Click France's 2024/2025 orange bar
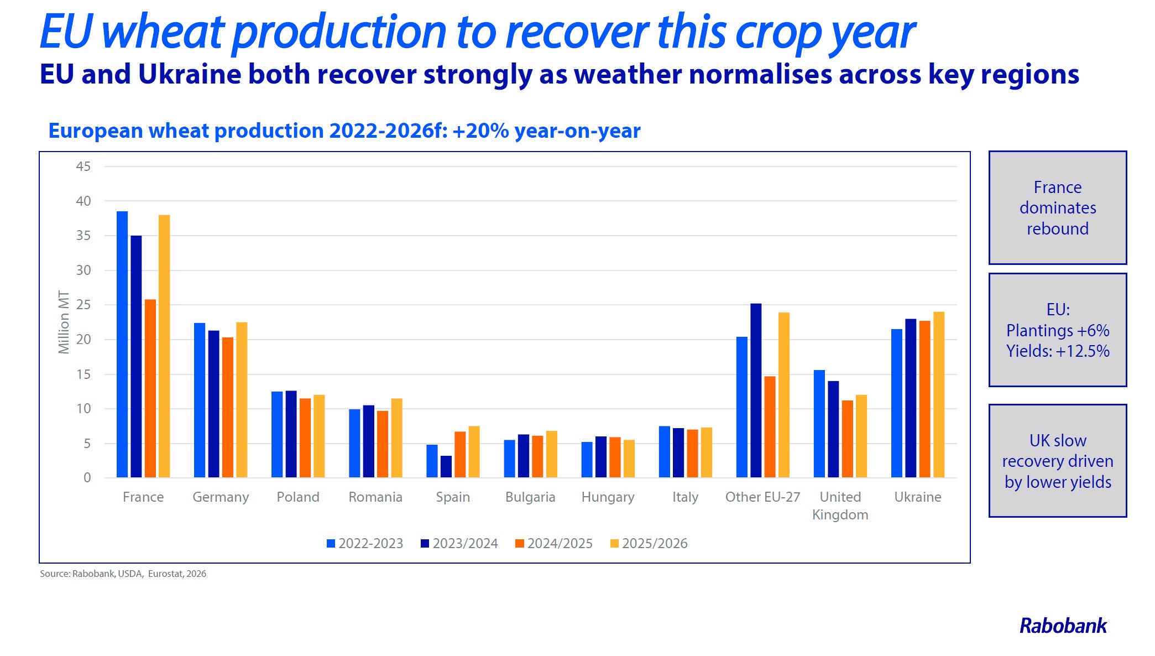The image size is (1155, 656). click(x=150, y=388)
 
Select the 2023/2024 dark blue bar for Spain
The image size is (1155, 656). click(x=446, y=466)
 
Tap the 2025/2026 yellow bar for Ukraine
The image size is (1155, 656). click(x=939, y=394)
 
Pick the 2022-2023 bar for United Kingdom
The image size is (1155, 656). click(x=819, y=424)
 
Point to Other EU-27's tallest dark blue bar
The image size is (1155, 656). click(x=756, y=390)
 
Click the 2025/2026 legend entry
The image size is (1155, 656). click(x=649, y=544)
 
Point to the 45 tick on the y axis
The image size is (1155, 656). click(x=83, y=166)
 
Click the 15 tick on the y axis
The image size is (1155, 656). click(x=83, y=374)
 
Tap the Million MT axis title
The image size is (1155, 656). click(x=64, y=322)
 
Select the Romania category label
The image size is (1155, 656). click(x=375, y=497)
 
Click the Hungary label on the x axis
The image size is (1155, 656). click(x=608, y=497)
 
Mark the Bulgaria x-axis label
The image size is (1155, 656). click(x=530, y=497)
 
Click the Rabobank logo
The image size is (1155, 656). click(x=1063, y=626)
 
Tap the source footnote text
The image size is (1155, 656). click(x=123, y=574)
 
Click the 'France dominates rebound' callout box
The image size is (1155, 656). click(x=1058, y=208)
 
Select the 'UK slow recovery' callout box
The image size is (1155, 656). click(x=1058, y=461)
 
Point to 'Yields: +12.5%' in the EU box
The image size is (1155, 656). click(x=1058, y=351)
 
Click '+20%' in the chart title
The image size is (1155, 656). click(x=480, y=131)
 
